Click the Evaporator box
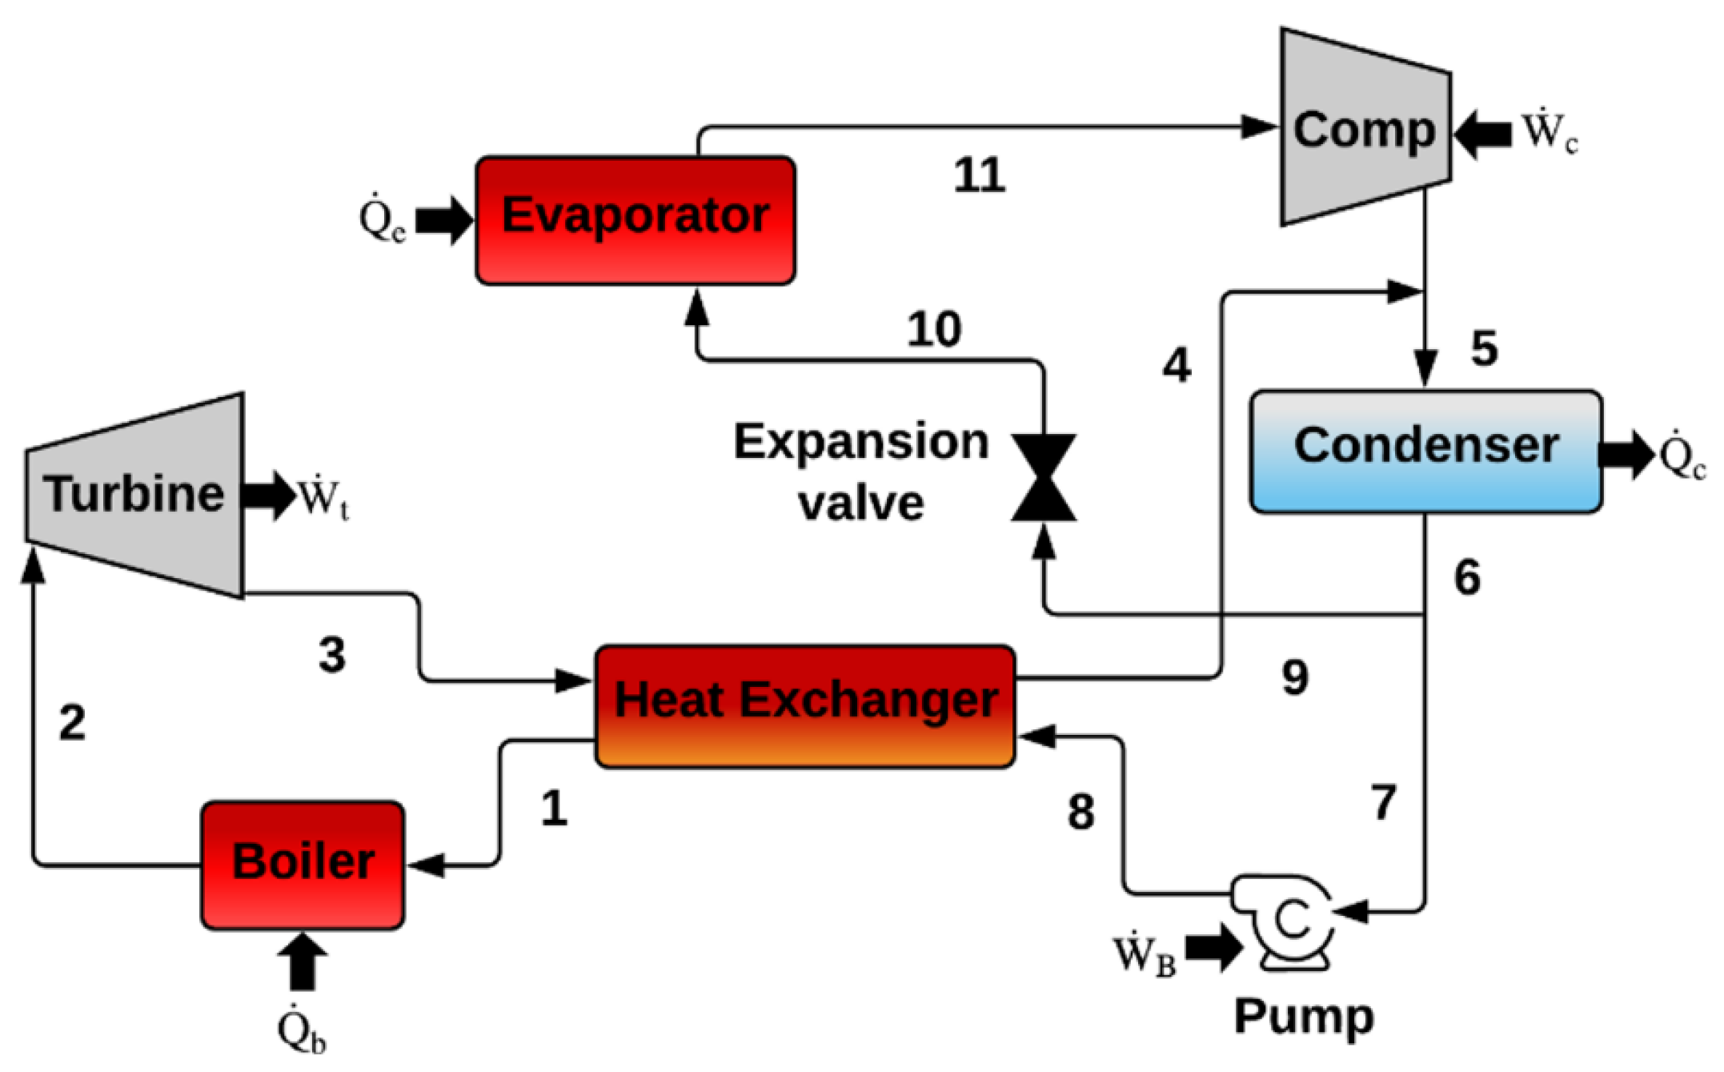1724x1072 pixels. click(x=635, y=220)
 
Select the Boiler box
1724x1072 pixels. click(x=303, y=865)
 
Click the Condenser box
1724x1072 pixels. click(x=1425, y=452)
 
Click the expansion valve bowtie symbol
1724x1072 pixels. click(x=1044, y=478)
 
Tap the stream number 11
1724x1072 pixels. click(x=979, y=175)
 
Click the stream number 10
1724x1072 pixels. click(x=934, y=329)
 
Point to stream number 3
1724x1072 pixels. click(x=332, y=654)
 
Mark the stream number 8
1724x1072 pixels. click(x=1081, y=812)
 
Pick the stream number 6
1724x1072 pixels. click(x=1467, y=577)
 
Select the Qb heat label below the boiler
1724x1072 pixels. click(x=302, y=1030)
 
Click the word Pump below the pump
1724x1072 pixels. click(x=1304, y=1017)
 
